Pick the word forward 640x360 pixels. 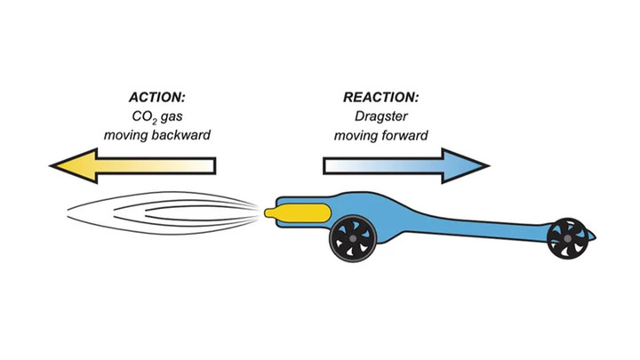click(406, 136)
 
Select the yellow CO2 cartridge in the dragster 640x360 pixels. click(300, 213)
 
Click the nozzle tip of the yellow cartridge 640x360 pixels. click(269, 212)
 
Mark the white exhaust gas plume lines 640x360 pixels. click(160, 212)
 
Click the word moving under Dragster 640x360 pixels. click(354, 136)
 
